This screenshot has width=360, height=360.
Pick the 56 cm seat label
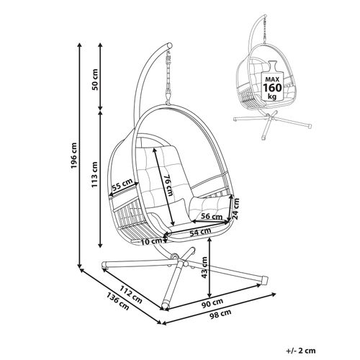click(211, 216)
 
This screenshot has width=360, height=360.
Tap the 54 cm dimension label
click(201, 233)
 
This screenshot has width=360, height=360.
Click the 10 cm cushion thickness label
click(150, 241)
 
